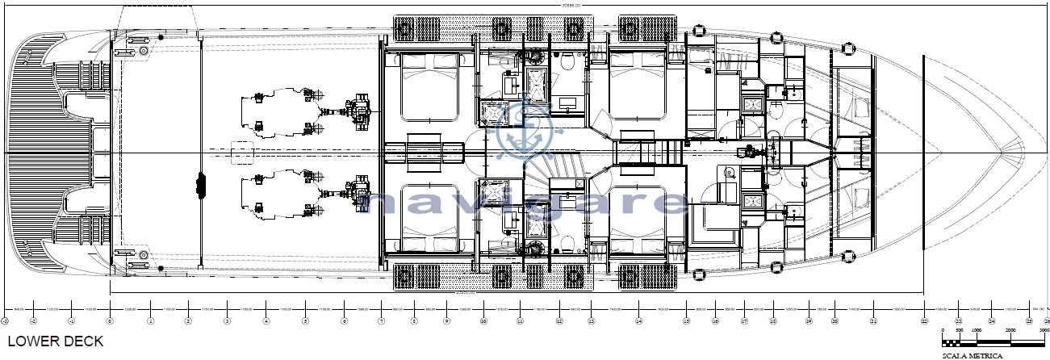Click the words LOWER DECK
click(56, 341)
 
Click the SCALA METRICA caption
click(972, 355)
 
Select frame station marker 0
click(110, 320)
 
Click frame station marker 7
click(381, 320)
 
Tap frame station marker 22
click(923, 320)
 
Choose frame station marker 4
click(266, 320)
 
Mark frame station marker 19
click(808, 320)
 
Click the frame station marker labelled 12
click(558, 320)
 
